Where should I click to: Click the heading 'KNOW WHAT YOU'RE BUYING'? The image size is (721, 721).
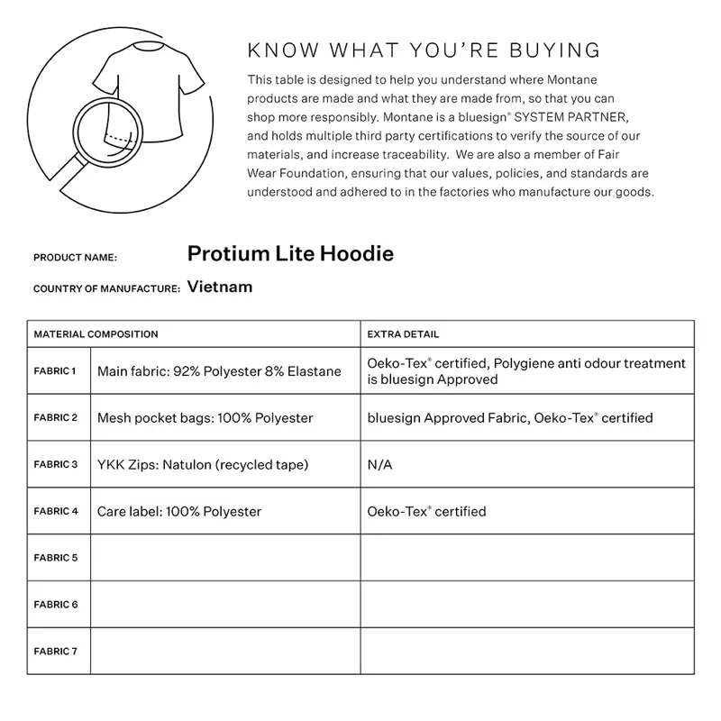tap(424, 50)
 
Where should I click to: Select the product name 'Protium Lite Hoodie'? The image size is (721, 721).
tap(290, 254)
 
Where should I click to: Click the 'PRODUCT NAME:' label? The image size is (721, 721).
tap(75, 258)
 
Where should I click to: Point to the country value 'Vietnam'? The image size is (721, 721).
tap(220, 287)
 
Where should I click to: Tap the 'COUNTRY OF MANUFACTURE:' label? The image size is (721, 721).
tap(106, 289)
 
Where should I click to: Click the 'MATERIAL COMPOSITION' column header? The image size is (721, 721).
tap(96, 334)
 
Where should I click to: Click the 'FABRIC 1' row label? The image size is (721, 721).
tap(55, 370)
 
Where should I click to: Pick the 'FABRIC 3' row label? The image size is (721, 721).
tap(55, 464)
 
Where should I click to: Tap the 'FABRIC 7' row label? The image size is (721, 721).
tap(55, 651)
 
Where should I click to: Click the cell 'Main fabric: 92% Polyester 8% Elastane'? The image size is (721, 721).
tap(219, 371)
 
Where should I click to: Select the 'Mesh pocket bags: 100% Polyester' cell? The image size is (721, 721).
tap(205, 418)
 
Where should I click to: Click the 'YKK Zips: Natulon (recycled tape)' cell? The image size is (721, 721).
tap(203, 465)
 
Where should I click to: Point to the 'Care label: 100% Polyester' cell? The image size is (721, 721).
tap(179, 512)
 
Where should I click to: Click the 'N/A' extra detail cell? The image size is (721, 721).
tap(379, 465)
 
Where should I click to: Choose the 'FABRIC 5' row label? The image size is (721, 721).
tap(55, 558)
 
